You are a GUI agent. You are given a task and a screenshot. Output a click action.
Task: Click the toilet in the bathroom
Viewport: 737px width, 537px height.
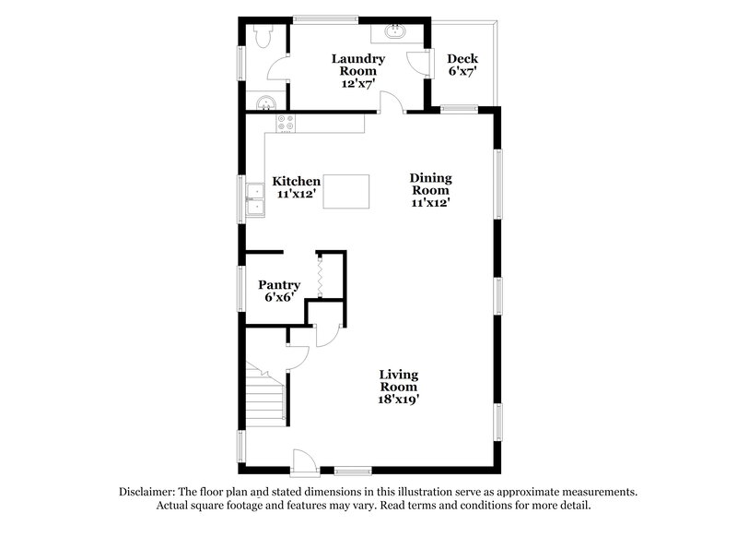point(261,35)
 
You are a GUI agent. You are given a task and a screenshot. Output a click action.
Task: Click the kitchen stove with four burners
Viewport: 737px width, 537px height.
point(287,123)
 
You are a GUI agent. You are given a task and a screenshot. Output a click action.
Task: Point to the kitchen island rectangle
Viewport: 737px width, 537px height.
point(345,191)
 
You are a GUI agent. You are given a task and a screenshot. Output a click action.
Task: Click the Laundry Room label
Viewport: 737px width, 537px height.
point(357,71)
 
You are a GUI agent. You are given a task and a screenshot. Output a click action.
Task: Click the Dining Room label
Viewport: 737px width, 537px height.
point(430,190)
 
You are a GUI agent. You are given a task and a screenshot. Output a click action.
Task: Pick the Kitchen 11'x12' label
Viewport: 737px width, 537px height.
point(297,188)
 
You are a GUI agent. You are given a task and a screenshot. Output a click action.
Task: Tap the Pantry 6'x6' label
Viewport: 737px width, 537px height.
point(279,292)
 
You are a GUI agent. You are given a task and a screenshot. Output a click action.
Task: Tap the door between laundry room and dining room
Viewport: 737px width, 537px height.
point(392,102)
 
